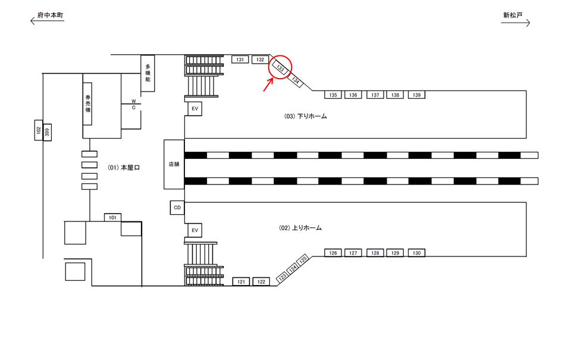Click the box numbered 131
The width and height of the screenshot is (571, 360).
click(240, 60)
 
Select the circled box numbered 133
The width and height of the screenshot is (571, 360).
click(281, 68)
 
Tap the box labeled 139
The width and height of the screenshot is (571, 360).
click(416, 95)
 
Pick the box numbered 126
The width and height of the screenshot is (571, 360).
click(333, 253)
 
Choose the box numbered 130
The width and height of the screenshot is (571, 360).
click(416, 253)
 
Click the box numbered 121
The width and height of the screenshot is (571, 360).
click(241, 281)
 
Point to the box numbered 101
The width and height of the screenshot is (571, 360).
click(113, 217)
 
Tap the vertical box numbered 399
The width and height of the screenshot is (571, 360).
click(48, 132)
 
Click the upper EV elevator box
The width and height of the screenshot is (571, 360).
click(194, 109)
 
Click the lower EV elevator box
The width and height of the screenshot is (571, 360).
click(194, 230)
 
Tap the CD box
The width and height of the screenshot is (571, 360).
click(177, 208)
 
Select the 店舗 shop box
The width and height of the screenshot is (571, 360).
click(174, 164)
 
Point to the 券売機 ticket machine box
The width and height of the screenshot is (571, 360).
click(87, 103)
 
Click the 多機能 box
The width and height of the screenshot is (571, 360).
click(148, 73)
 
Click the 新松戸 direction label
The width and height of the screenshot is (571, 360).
click(512, 15)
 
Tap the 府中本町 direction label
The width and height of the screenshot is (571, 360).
click(49, 15)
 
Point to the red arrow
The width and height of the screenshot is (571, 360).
click(268, 84)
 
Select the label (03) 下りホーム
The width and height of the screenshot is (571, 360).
click(306, 117)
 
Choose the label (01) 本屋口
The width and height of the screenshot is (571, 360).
click(123, 168)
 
